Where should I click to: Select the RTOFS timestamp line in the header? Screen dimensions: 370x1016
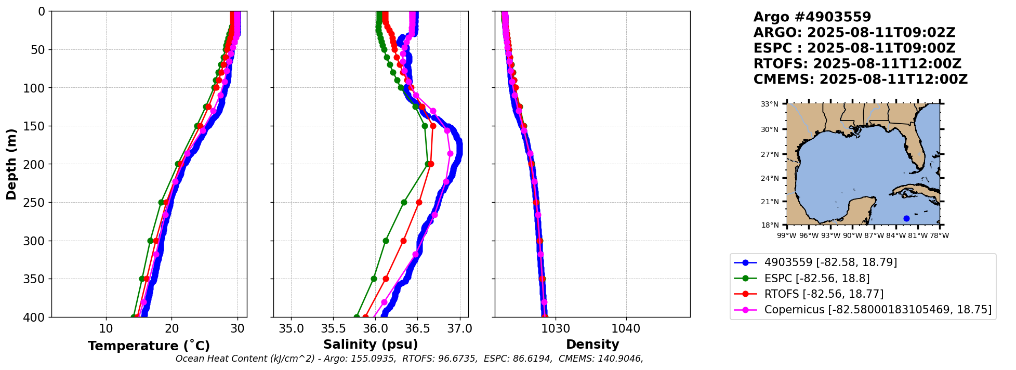pos(857,64)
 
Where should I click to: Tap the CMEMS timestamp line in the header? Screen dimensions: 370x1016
pos(860,80)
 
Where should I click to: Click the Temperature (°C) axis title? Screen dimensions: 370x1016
pos(149,346)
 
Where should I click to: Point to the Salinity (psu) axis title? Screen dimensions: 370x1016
pos(371,345)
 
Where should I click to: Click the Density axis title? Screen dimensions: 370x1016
pos(592,345)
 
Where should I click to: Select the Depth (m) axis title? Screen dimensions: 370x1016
pos(11,164)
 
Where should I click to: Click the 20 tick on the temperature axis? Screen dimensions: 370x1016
pos(172,328)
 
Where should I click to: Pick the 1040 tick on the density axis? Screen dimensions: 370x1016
pos(626,328)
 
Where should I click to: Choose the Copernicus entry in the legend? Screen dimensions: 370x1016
pos(877,310)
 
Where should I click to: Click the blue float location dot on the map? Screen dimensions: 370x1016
pos(906,218)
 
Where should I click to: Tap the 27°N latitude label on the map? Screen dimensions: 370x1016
pos(770,154)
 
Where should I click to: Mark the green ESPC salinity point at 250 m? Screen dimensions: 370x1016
pos(404,202)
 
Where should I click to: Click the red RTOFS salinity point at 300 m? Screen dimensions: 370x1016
pos(403,241)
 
